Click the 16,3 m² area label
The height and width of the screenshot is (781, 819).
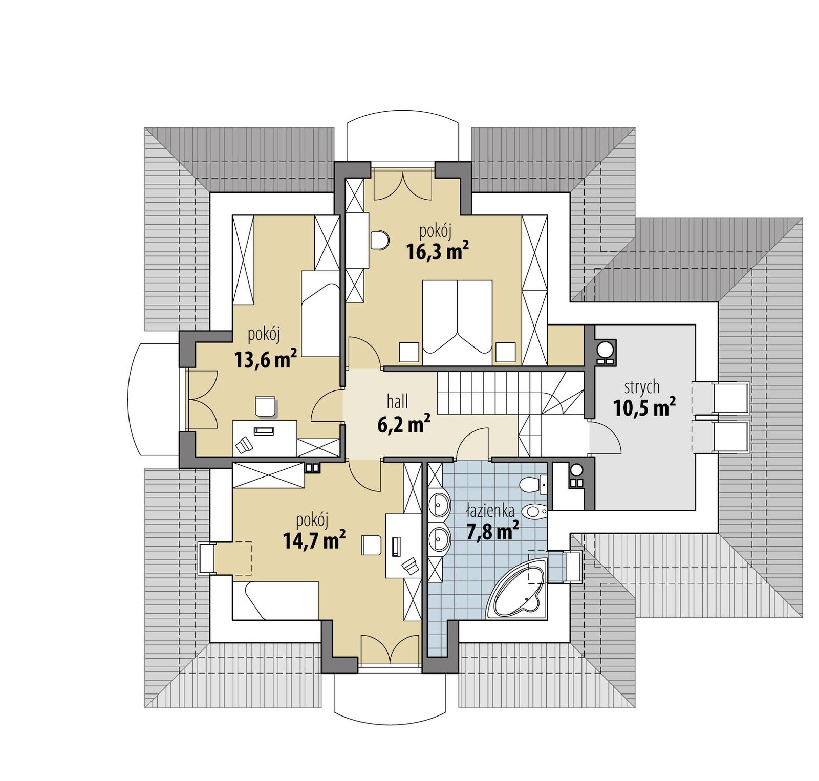click(437, 251)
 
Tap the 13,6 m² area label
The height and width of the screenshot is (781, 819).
click(266, 359)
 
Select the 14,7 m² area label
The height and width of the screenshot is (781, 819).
click(314, 540)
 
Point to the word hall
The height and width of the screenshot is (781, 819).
click(397, 402)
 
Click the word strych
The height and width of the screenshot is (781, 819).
click(642, 387)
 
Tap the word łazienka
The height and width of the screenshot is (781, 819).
click(490, 510)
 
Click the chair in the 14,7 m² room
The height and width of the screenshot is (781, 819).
click(371, 545)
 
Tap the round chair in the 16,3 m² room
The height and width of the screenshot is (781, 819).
click(379, 240)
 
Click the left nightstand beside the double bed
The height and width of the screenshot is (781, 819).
click(408, 352)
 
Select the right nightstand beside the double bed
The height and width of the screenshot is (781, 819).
click(505, 352)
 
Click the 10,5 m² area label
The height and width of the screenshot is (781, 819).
click(644, 407)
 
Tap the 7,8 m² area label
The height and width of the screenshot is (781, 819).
click(492, 531)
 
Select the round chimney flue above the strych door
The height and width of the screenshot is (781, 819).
click(606, 349)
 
